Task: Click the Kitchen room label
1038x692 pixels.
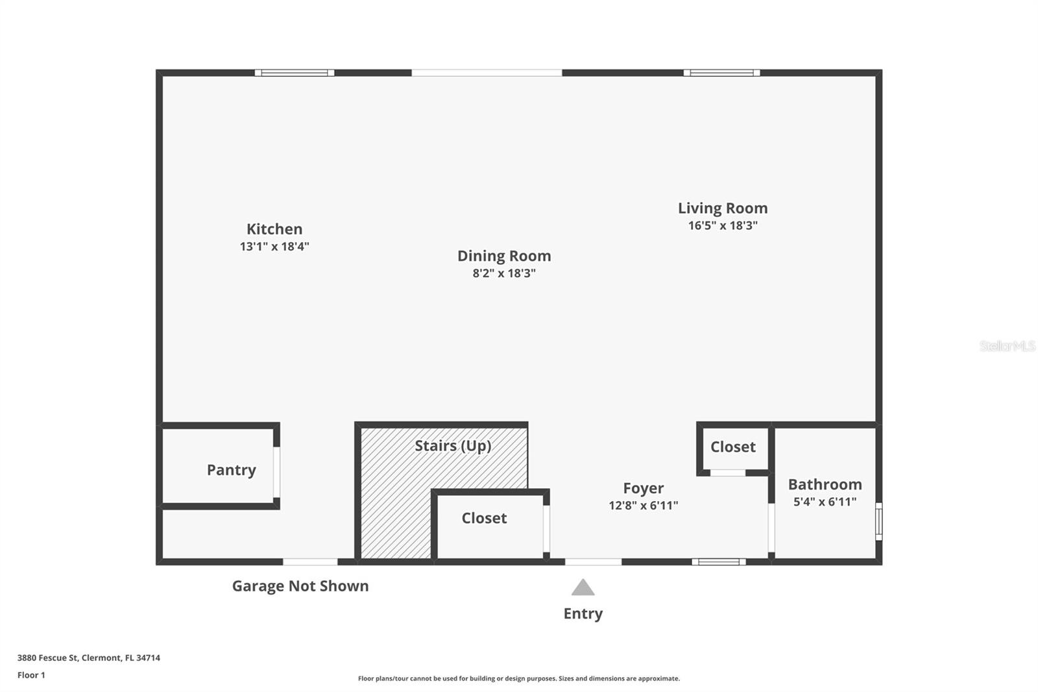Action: (x=274, y=229)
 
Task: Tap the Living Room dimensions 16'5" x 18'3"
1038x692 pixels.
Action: (x=723, y=226)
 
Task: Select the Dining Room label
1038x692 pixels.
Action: (x=504, y=256)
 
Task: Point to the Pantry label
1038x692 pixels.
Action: (x=231, y=470)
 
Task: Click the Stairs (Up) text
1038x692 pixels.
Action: (x=453, y=446)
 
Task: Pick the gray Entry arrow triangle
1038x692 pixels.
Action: (x=583, y=587)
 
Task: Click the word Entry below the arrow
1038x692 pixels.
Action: (x=583, y=613)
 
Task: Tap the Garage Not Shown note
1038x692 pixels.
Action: (x=300, y=586)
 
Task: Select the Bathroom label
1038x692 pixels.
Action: (x=825, y=484)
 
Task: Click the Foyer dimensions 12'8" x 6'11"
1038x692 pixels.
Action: (x=643, y=506)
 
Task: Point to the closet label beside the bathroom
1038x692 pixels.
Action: (x=732, y=447)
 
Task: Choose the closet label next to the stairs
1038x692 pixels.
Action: (x=484, y=518)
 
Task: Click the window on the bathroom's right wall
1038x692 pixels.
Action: (x=879, y=521)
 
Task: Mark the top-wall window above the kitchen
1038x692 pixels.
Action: (x=295, y=73)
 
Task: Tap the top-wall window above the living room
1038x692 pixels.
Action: (x=721, y=73)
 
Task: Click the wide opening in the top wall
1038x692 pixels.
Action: (x=487, y=73)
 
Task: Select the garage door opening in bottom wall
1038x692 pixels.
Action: (x=310, y=562)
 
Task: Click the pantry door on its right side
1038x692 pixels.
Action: (x=276, y=472)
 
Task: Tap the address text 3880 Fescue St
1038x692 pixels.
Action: (x=88, y=658)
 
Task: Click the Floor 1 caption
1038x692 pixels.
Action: (x=31, y=675)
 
